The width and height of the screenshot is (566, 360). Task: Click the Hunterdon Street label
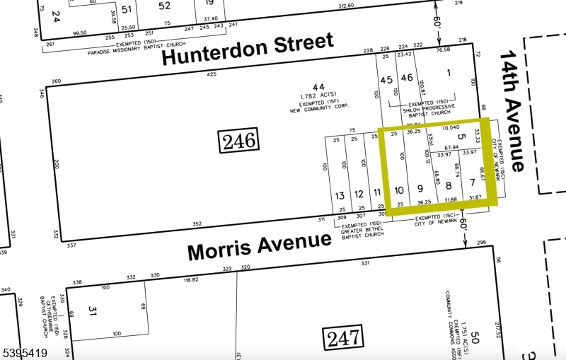(x=248, y=50)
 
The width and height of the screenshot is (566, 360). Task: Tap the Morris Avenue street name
(x=259, y=246)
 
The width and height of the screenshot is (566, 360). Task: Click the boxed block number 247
(x=343, y=339)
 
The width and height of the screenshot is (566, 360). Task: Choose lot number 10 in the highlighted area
(x=400, y=189)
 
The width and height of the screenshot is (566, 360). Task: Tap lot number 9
(x=420, y=188)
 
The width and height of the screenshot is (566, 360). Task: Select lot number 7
(x=472, y=183)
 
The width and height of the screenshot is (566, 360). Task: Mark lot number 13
(x=340, y=194)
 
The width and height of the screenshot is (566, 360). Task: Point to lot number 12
(x=359, y=193)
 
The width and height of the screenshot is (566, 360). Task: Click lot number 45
(x=386, y=79)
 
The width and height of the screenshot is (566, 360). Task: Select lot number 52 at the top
(x=164, y=6)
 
